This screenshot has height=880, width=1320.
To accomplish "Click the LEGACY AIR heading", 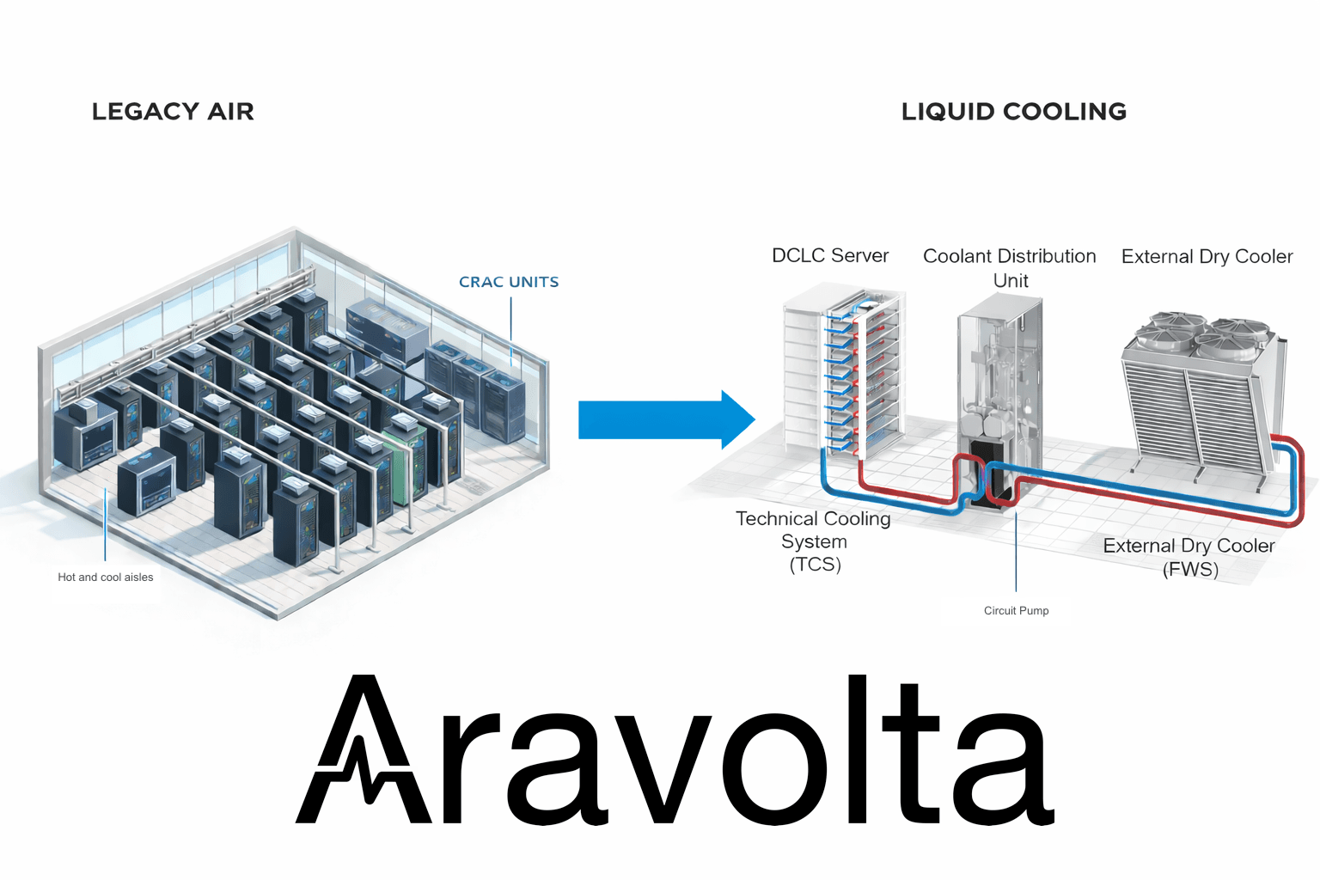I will [x=173, y=112].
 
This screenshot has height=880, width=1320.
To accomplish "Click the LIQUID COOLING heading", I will [x=1013, y=112].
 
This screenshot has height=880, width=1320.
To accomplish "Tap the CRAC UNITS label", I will [x=509, y=282].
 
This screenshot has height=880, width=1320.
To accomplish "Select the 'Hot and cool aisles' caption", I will [x=106, y=577].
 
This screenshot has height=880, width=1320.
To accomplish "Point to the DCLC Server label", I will [x=830, y=255].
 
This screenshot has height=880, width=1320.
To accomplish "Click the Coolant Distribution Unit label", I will [x=1010, y=267].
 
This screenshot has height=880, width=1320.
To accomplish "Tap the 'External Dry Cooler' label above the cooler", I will [x=1207, y=256].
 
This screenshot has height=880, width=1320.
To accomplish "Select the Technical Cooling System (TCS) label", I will [x=814, y=541].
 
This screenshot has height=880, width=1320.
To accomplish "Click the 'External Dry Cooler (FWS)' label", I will [x=1189, y=557].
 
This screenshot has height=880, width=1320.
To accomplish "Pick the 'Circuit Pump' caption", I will [x=1016, y=611].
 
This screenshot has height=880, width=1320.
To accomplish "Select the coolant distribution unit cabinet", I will [x=1000, y=387].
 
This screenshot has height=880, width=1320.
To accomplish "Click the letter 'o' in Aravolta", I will [x=778, y=769].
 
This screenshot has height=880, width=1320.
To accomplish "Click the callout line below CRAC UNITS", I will [x=511, y=331].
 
